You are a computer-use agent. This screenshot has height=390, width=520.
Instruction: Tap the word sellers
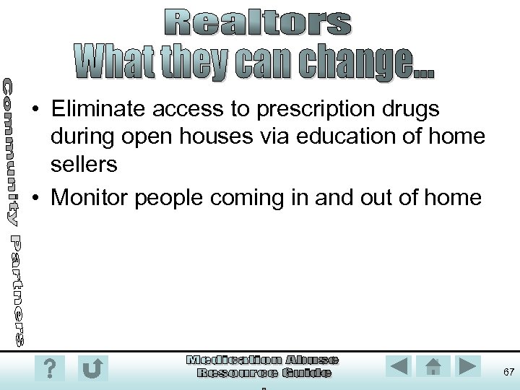(x=84, y=165)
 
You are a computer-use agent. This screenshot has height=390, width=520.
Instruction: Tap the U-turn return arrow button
(x=92, y=369)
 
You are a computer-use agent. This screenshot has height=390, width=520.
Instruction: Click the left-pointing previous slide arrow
(x=398, y=367)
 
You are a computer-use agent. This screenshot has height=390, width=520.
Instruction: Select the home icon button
(x=433, y=367)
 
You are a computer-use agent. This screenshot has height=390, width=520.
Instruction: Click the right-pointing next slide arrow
(x=468, y=367)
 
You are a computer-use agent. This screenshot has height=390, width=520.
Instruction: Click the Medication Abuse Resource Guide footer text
(x=263, y=366)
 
